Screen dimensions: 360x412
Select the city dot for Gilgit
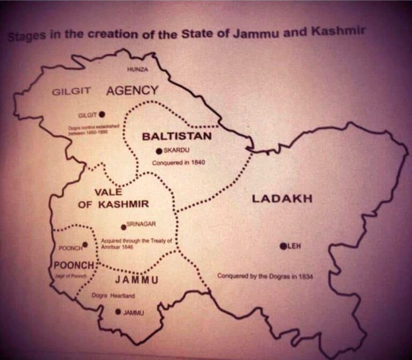click(x=102, y=114)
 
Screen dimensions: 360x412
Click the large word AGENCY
click(x=132, y=90)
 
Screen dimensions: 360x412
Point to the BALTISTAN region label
click(x=176, y=136)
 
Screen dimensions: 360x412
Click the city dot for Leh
click(x=283, y=246)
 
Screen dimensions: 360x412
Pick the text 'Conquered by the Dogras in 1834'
click(x=265, y=276)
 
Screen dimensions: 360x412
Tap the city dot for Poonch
click(x=85, y=244)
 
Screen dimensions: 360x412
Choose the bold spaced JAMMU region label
click(x=137, y=280)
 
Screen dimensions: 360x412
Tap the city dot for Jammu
click(x=118, y=312)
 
